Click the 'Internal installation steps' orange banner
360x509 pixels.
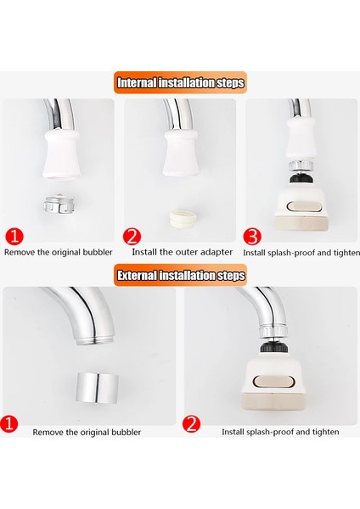click(180, 82)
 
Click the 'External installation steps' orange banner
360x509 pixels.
click(180, 275)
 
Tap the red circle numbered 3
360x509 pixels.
click(252, 237)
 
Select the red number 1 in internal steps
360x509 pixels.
click(14, 237)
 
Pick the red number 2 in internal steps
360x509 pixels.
click(132, 237)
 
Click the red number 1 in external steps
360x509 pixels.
click(9, 423)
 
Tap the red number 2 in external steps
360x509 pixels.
click(191, 423)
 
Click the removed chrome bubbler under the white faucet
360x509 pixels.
click(59, 204)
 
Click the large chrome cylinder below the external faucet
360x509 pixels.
click(98, 389)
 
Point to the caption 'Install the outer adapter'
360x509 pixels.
click(182, 252)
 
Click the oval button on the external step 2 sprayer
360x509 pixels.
click(274, 382)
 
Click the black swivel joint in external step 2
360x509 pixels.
click(274, 348)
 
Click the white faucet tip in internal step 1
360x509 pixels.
click(61, 154)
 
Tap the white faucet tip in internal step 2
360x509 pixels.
click(182, 154)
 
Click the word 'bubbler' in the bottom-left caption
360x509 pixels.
click(127, 433)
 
